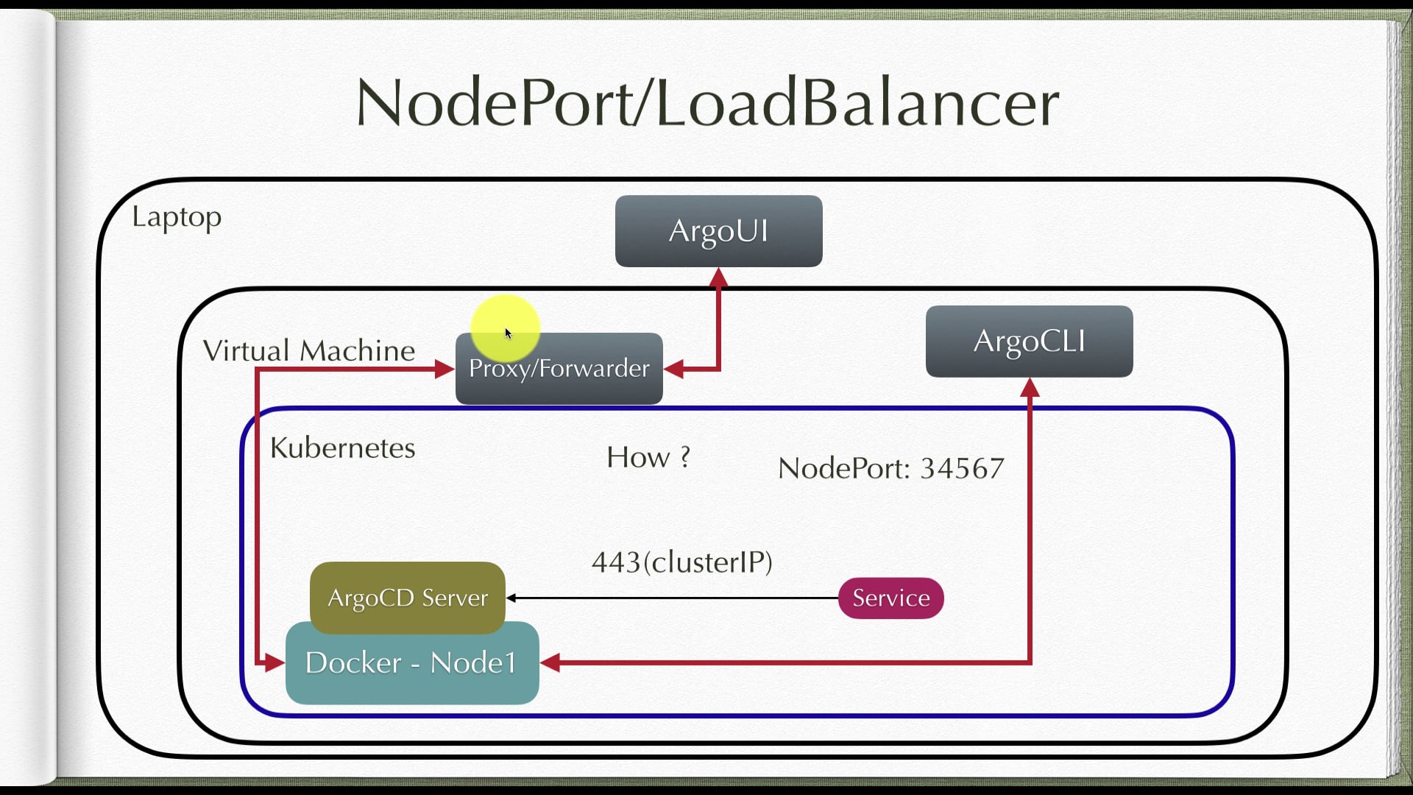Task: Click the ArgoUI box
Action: [718, 230]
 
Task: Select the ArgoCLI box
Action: [1029, 342]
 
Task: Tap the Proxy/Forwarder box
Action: [559, 369]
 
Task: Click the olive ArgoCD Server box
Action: [407, 597]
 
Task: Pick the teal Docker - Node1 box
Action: [411, 663]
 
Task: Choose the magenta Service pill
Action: [890, 598]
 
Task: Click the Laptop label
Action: [177, 217]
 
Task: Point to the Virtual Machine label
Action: [308, 350]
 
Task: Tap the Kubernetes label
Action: [342, 448]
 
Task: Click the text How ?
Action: [648, 457]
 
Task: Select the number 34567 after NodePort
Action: [962, 468]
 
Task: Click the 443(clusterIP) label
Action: [681, 562]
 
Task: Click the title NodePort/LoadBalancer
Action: [706, 102]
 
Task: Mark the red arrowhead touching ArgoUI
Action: [719, 278]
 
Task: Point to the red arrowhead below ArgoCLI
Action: [1030, 388]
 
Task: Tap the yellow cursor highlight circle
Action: [505, 329]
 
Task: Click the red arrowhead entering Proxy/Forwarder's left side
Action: [445, 369]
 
